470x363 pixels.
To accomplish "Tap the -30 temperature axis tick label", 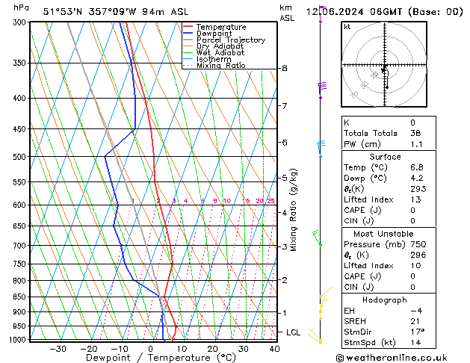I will tap(58, 348).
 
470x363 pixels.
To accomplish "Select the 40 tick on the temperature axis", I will tap(274, 348).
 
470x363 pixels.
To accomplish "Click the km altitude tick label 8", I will tap(284, 68).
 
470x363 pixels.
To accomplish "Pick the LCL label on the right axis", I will tap(293, 332).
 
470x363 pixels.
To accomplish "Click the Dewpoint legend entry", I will tap(215, 34).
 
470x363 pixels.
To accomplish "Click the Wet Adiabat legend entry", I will tap(220, 52).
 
